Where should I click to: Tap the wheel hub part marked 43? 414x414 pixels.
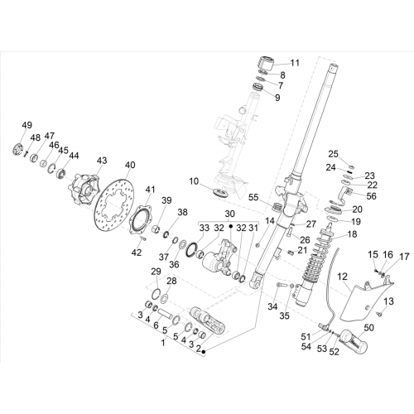[83, 189]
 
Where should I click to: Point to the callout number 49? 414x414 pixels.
[27, 125]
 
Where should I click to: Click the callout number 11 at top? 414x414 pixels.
[295, 63]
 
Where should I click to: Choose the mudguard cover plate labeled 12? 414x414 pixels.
[366, 300]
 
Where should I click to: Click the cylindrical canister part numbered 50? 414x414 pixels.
[354, 342]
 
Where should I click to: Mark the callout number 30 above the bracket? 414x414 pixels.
[229, 214]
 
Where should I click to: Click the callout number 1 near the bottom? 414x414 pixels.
[163, 343]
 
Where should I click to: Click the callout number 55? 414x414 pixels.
[253, 197]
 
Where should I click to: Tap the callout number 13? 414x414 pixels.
[388, 301]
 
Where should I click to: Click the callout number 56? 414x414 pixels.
[371, 195]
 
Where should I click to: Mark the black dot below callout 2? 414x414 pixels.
[204, 351]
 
